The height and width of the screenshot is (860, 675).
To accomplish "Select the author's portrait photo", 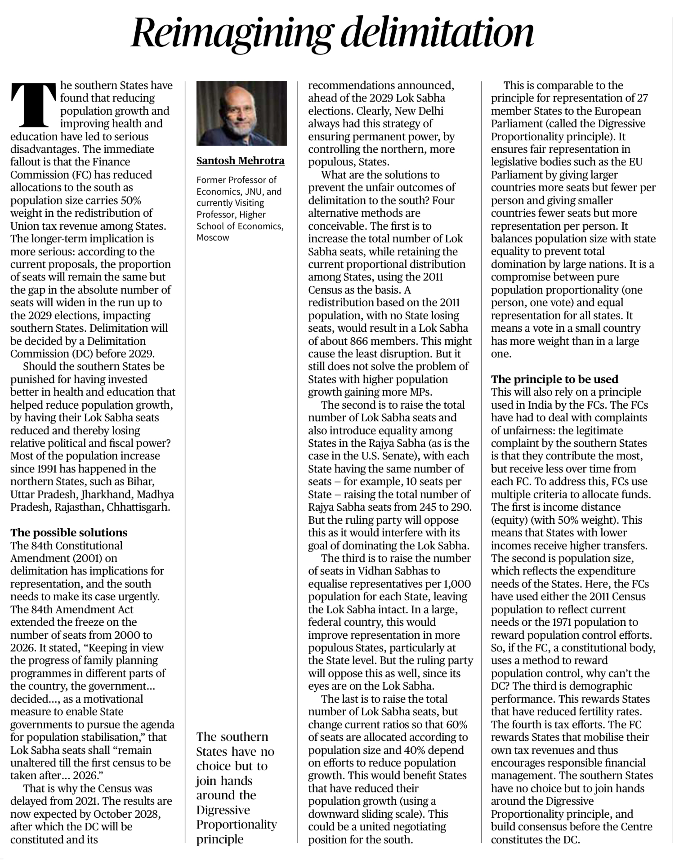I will [241, 113].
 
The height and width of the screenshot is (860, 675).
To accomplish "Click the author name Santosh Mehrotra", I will [241, 161].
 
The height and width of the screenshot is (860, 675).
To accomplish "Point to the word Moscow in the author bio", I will [213, 237].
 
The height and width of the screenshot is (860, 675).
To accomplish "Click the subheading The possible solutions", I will [69, 533].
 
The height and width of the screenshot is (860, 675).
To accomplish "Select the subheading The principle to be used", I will [554, 379].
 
